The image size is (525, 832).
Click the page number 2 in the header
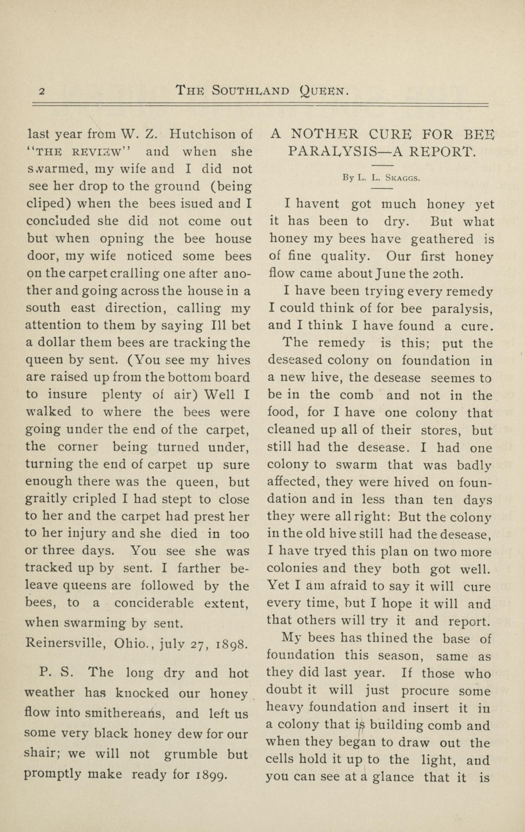click(x=42, y=91)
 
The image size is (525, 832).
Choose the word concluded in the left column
click(x=58, y=221)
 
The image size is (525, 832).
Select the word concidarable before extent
click(x=154, y=603)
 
